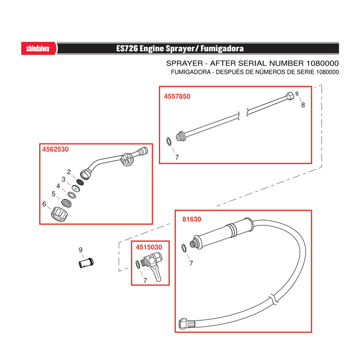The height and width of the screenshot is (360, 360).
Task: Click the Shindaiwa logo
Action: (38, 49)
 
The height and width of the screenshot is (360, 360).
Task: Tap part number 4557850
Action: (177, 96)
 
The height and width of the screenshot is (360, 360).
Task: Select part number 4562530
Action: (55, 149)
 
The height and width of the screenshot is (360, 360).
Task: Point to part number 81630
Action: (192, 219)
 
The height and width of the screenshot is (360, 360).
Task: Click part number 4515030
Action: (149, 247)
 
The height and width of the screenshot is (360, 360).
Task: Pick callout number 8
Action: (303, 105)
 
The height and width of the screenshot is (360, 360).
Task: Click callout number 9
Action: (81, 250)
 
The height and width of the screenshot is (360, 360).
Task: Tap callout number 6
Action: (44, 204)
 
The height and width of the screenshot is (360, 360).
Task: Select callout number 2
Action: (69, 172)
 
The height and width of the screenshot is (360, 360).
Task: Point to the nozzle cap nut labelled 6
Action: (59, 214)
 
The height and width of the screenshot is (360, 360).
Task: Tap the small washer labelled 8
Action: (297, 93)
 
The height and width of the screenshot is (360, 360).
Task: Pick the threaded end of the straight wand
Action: (181, 137)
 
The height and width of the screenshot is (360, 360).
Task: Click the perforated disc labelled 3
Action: (76, 189)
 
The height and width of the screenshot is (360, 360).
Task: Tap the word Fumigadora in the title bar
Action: (222, 49)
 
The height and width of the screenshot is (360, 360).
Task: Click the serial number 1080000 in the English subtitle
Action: (322, 63)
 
